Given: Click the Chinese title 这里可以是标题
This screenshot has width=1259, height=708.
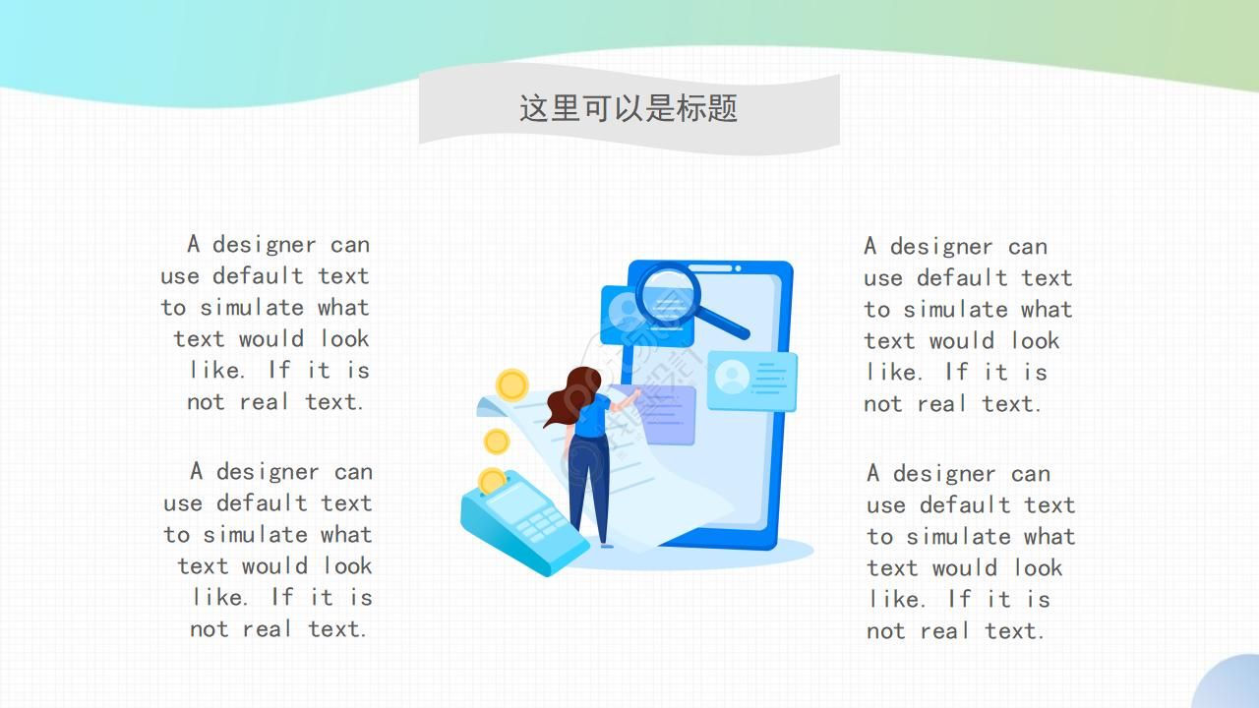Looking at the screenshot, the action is (629, 108).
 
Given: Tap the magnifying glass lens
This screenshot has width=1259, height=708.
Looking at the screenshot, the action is (668, 296).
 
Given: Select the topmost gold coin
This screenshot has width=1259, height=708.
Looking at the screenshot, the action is (512, 385).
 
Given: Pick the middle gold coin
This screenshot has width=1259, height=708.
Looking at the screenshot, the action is (497, 442).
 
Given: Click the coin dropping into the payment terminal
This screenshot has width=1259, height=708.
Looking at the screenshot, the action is (492, 481).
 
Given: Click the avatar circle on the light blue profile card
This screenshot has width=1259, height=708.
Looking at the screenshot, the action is (731, 377).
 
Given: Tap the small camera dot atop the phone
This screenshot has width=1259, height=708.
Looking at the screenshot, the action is (738, 268).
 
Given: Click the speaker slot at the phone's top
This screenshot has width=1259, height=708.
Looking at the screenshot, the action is (710, 268).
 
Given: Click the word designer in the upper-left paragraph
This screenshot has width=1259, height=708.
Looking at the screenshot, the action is (265, 246).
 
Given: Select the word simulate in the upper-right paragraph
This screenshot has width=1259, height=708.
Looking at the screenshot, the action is (955, 310).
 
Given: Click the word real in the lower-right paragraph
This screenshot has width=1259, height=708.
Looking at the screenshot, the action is (945, 631).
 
